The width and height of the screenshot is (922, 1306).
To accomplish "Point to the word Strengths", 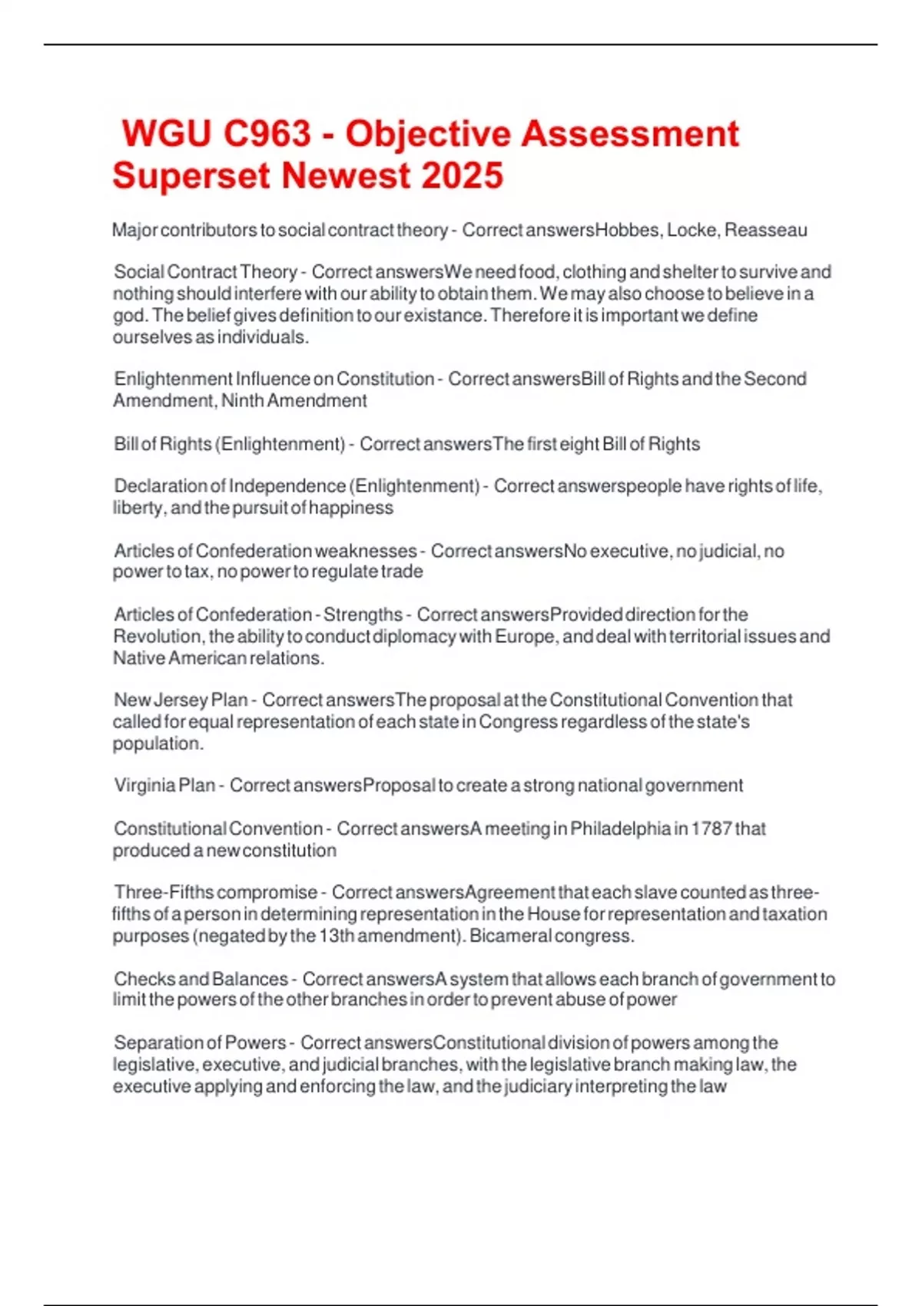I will [363, 615].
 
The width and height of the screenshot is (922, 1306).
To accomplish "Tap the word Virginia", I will [144, 785].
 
